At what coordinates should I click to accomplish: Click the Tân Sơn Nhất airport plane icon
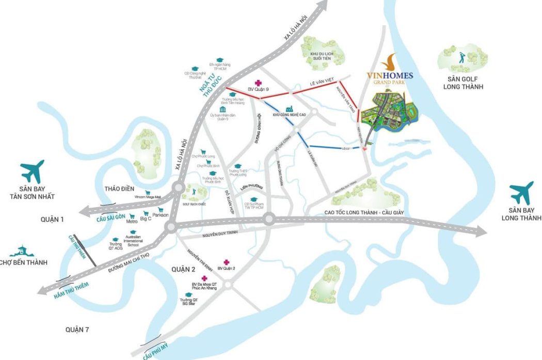pyautogui.click(x=33, y=171)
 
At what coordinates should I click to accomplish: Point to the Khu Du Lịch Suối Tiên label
pyautogui.click(x=317, y=56)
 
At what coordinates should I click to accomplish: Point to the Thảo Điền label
pyautogui.click(x=119, y=189)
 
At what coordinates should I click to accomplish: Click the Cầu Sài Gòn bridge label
pyautogui.click(x=111, y=217)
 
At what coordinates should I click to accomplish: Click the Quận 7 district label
pyautogui.click(x=78, y=329)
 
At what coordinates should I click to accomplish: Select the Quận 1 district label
pyautogui.click(x=52, y=220)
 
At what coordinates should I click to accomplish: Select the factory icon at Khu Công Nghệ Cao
pyautogui.click(x=290, y=109)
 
